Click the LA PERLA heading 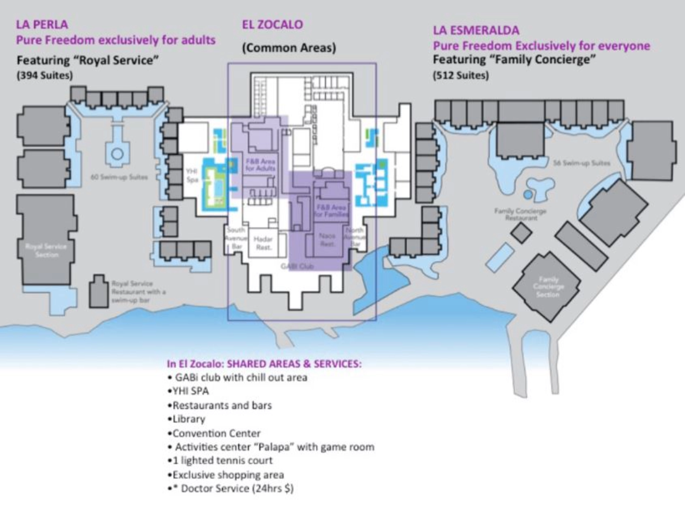pos(42,24)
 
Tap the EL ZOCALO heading pos(272,25)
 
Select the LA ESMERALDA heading pos(476,30)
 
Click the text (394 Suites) pos(45,75)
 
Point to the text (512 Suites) pos(461,75)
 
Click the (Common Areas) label pos(289,48)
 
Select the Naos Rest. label pos(327,240)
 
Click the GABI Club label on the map pos(297,266)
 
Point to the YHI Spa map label pos(192,175)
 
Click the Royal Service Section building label pos(46,251)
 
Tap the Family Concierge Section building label pos(548,287)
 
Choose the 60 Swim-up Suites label pos(119,177)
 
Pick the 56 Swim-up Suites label pos(582,163)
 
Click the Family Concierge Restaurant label pos(520,214)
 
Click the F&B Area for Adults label pos(261,165)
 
